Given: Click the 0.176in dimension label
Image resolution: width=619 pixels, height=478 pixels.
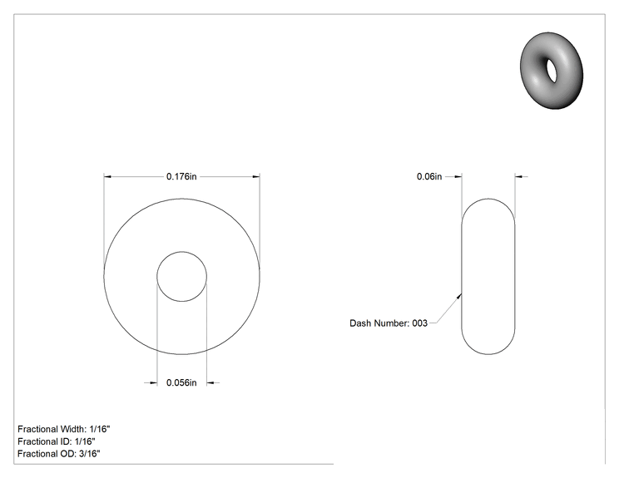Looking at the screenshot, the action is point(181,177).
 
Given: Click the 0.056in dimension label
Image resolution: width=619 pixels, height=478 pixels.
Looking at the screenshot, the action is point(181,382).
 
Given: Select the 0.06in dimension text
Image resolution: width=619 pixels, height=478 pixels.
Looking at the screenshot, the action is point(429,177).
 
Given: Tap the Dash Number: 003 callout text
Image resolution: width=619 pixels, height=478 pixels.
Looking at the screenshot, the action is point(389,323).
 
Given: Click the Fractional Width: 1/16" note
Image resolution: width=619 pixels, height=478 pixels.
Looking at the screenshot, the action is point(64,429).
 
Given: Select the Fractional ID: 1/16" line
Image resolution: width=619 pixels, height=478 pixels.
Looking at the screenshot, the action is point(57,441).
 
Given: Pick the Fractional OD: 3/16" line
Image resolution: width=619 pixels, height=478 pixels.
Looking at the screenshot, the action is point(59,454).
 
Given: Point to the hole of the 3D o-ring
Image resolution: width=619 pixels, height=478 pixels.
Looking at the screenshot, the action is point(551,71).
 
